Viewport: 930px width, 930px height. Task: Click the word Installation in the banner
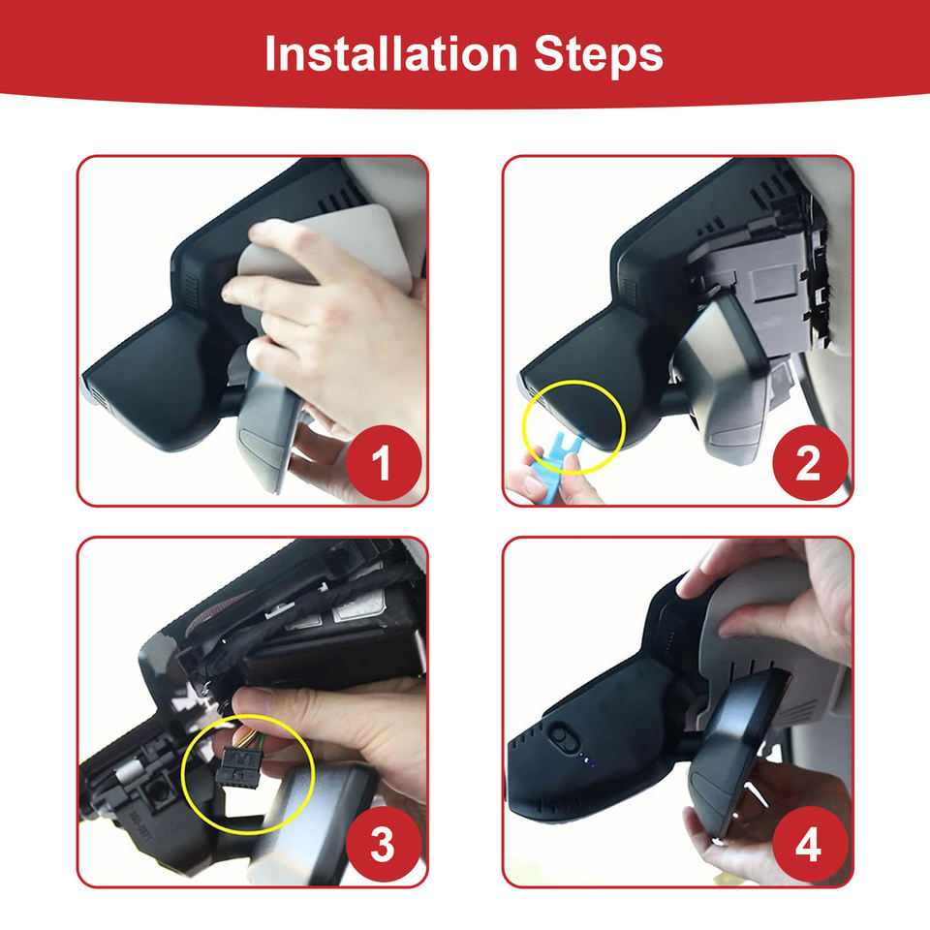point(390,54)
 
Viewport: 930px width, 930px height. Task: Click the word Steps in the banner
point(598,54)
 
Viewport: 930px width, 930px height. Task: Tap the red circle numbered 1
point(384,463)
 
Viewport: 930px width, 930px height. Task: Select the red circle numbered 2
point(810,463)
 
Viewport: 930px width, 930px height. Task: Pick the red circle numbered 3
point(384,844)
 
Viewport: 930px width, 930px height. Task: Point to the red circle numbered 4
point(810,844)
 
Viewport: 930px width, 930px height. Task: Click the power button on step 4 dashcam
point(561,736)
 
